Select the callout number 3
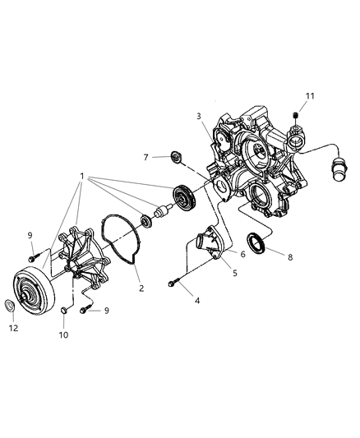pyautogui.click(x=197, y=117)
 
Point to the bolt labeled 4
pyautogui.click(x=171, y=284)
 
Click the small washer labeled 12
pyautogui.click(x=11, y=307)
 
